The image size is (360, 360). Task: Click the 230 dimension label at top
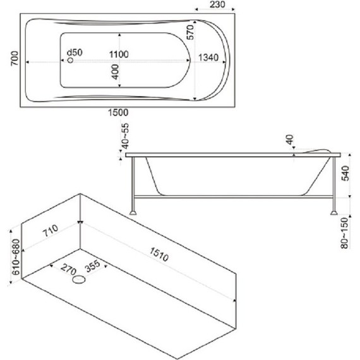coord(217,4)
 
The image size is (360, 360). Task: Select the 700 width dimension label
coord(15,58)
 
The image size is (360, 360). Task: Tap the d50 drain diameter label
coord(75,52)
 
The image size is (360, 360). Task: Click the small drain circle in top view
coord(71,60)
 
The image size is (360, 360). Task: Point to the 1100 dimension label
coord(119,54)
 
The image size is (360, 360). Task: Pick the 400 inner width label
coord(115,72)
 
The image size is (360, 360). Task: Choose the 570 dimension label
coord(190,32)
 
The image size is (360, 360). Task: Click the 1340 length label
coord(208,57)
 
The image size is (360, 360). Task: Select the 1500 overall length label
coord(118,112)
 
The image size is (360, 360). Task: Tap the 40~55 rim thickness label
coord(125,136)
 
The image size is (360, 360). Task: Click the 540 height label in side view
coord(345,173)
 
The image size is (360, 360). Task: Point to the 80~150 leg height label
coord(345,233)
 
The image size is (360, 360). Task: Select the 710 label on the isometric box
coord(51,231)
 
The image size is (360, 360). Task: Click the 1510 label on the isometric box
coord(159,255)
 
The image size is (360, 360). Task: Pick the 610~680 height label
coord(16,257)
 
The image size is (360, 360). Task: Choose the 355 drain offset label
coord(92,266)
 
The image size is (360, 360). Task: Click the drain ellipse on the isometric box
coord(79,279)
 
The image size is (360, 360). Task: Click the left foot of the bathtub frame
coord(133,213)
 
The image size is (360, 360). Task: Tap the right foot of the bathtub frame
coord(334,213)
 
